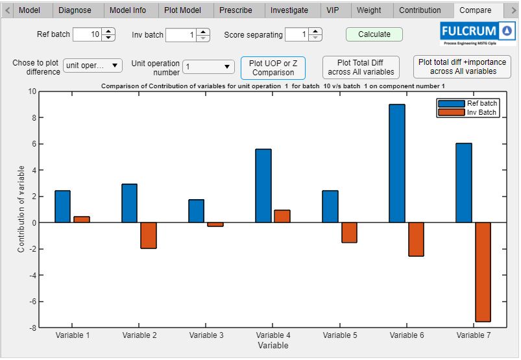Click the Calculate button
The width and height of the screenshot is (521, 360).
[x=374, y=34]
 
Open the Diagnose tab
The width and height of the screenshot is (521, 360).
[x=75, y=10]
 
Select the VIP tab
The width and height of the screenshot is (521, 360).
[x=332, y=10]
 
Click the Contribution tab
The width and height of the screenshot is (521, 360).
[x=420, y=10]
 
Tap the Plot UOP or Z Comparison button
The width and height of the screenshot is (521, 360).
[x=273, y=67]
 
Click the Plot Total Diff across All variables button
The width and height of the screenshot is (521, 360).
[x=361, y=67]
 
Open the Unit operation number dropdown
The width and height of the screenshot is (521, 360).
[x=209, y=66]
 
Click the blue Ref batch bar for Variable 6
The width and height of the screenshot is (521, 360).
[x=396, y=163]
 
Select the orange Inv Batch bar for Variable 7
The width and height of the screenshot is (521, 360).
[x=483, y=272]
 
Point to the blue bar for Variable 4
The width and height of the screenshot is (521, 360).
[x=263, y=186]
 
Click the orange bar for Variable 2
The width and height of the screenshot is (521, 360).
[x=149, y=235]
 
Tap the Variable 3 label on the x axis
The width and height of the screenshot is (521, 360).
[x=206, y=335]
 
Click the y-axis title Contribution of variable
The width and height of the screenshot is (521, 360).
[x=21, y=209]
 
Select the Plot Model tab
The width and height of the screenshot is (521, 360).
[x=183, y=10]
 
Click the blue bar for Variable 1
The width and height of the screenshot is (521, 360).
[x=62, y=206]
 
